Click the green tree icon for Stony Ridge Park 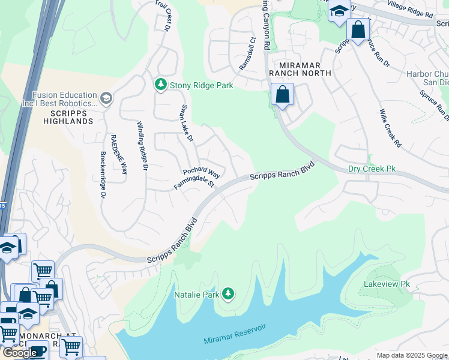pos(161,85)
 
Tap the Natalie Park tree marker pos(228,293)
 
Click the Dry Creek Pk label pos(372,169)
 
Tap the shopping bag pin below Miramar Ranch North pos(282,95)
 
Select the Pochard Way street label pos(201,173)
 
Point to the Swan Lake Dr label pos(187,124)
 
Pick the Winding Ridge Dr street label pos(142,146)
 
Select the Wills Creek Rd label pos(390,128)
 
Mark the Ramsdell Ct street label pos(248,54)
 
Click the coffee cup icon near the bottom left pos(38,350)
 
